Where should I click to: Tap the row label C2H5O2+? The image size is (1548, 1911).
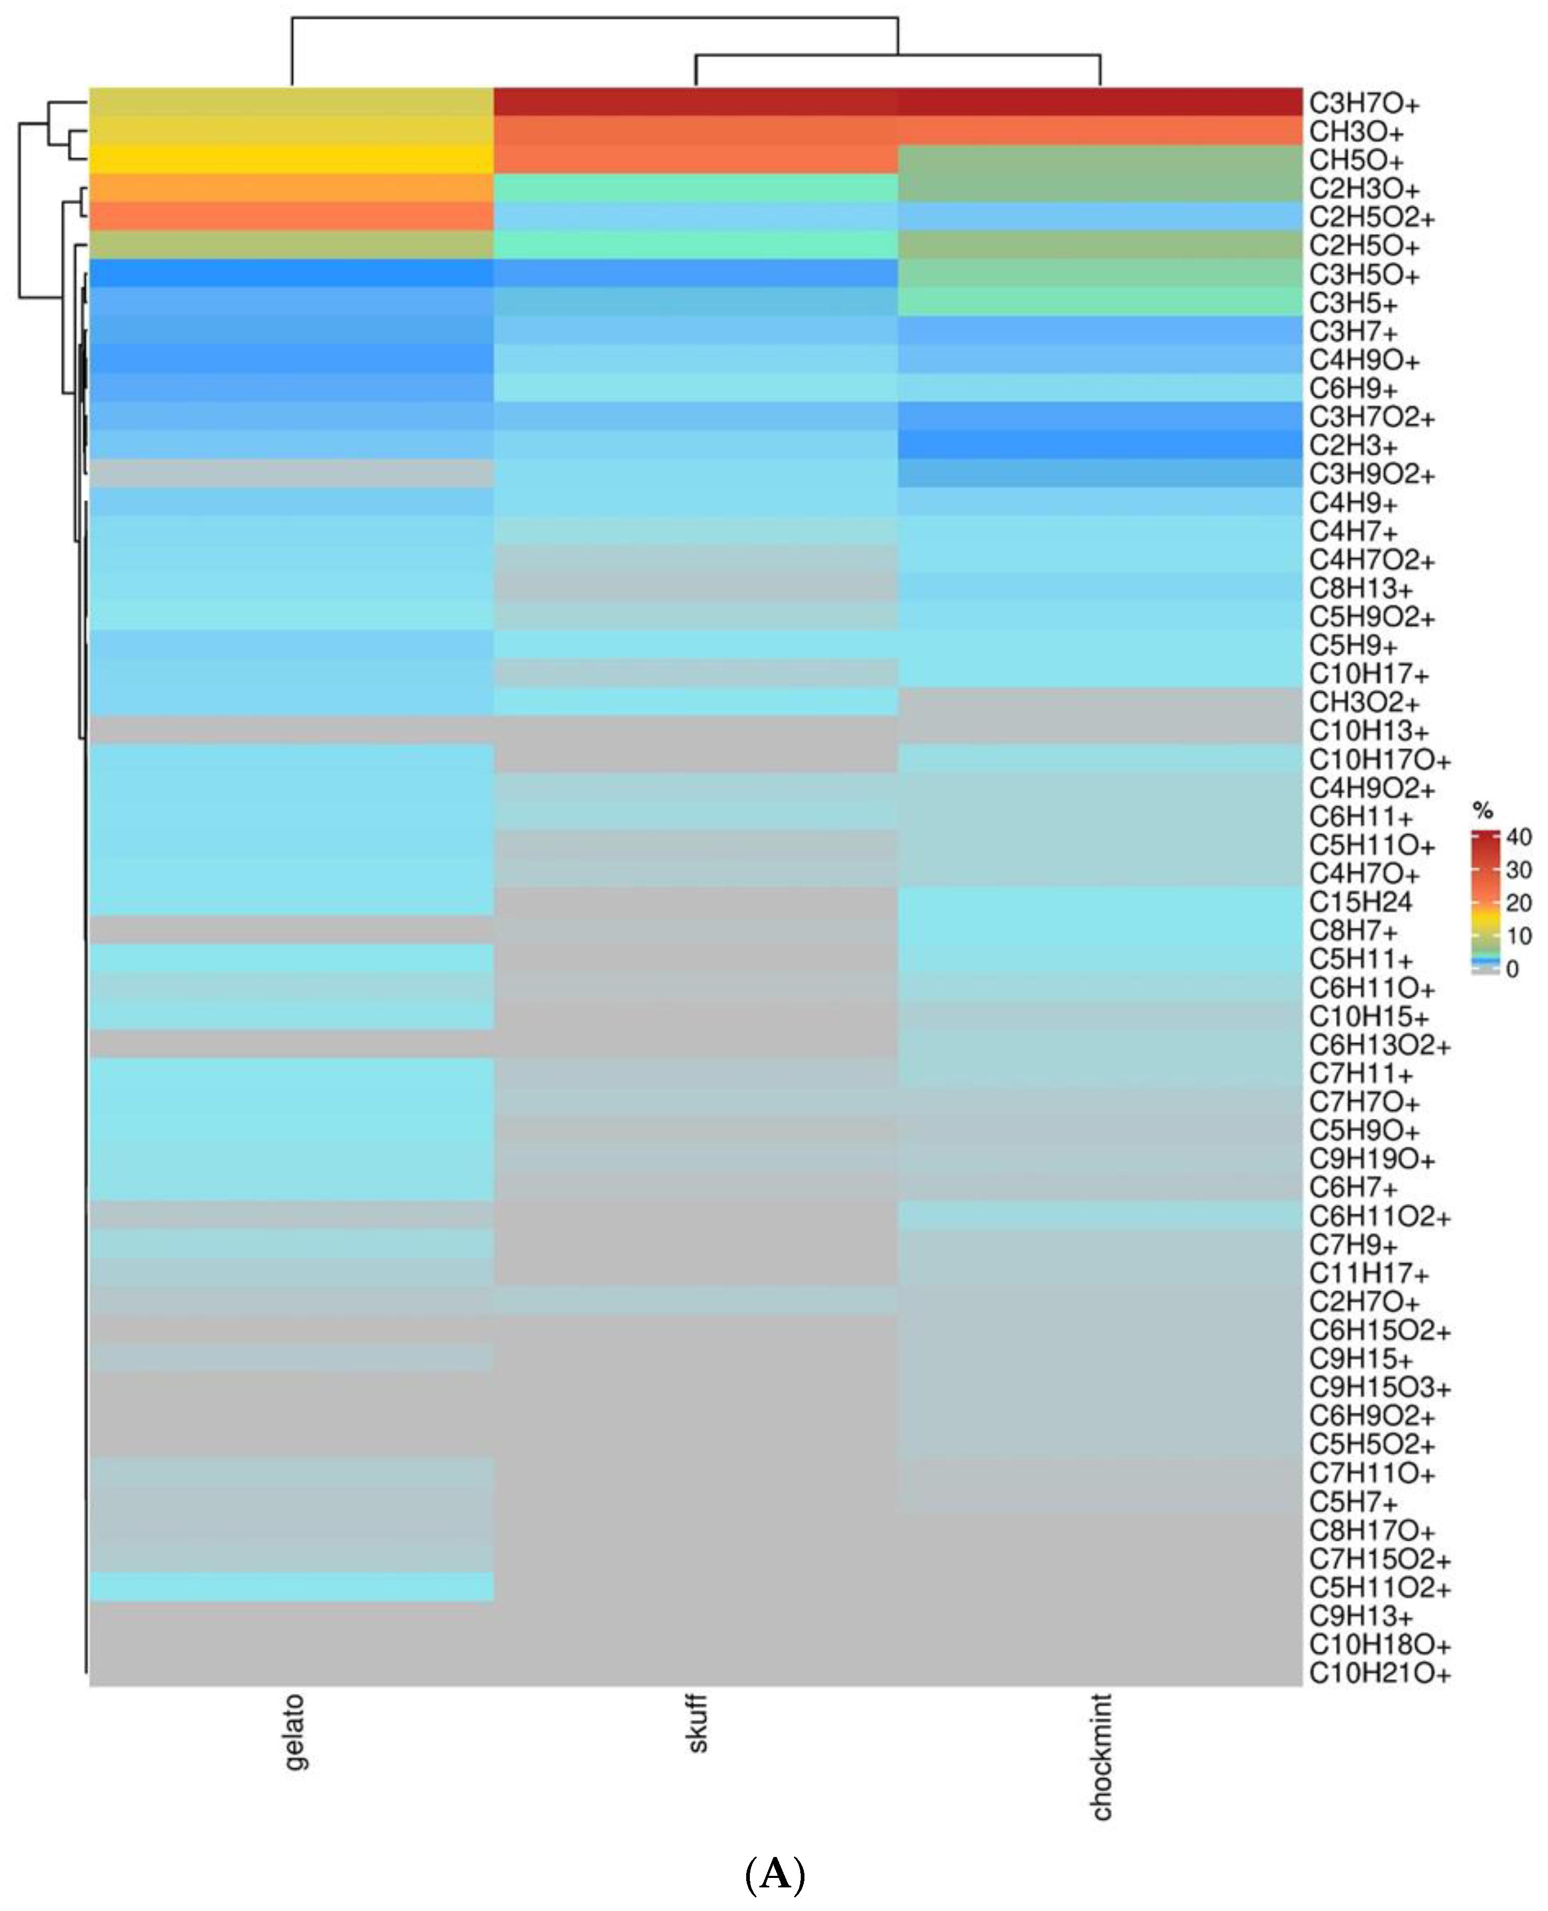pyautogui.click(x=1372, y=218)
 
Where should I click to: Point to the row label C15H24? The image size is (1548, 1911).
pyautogui.click(x=1360, y=903)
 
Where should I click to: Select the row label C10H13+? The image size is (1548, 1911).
pyautogui.click(x=1368, y=731)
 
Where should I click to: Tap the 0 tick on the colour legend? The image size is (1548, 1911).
pyautogui.click(x=1512, y=969)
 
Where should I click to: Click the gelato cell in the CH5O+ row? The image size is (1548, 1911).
pyautogui.click(x=292, y=161)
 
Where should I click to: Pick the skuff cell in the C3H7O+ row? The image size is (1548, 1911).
pyautogui.click(x=695, y=102)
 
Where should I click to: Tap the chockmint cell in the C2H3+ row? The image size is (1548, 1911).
pyautogui.click(x=1099, y=445)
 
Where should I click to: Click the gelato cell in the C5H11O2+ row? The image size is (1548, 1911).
pyautogui.click(x=292, y=1587)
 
